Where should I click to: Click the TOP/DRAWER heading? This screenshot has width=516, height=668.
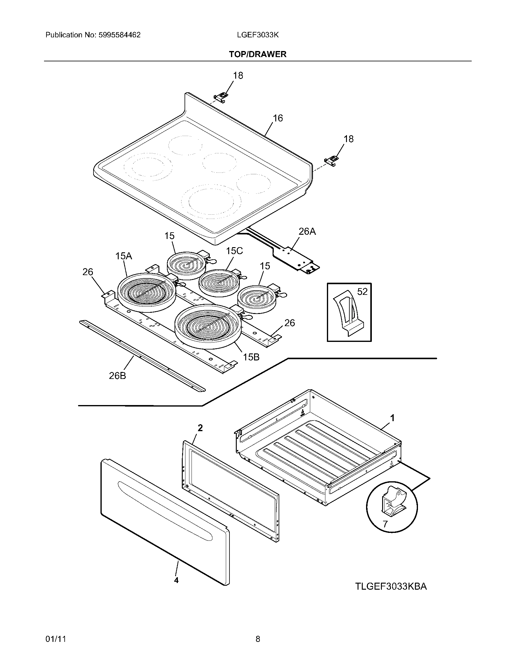258,54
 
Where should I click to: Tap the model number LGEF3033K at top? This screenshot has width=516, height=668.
258,35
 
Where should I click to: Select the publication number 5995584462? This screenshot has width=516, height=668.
119,35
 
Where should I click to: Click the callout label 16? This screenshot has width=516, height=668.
277,118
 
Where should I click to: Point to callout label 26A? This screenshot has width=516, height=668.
307,232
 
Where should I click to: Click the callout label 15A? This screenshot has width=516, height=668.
124,256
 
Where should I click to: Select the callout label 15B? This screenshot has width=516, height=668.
251,357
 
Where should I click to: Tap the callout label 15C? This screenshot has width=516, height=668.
234,251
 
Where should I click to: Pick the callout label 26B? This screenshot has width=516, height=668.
117,376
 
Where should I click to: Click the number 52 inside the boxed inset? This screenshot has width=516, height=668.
362,291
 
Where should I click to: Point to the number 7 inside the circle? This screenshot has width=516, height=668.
385,524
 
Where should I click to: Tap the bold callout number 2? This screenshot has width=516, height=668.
200,428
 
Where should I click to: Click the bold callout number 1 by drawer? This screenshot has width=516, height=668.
392,417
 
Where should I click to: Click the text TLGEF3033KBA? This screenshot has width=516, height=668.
391,587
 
